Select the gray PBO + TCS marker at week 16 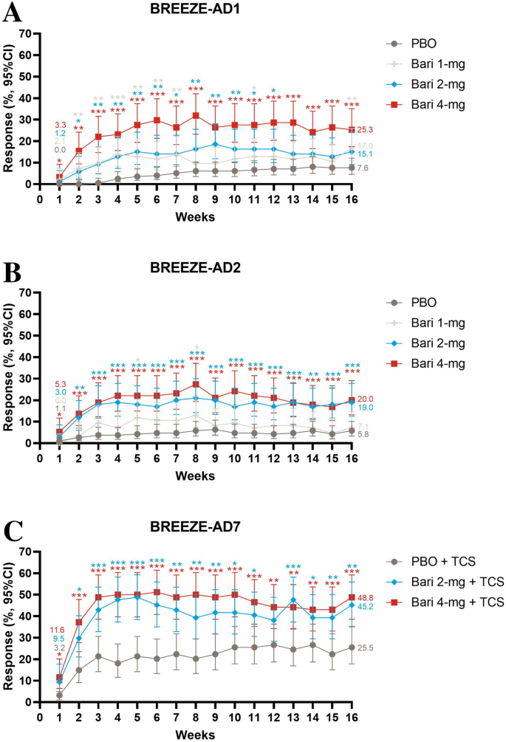(352, 647)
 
